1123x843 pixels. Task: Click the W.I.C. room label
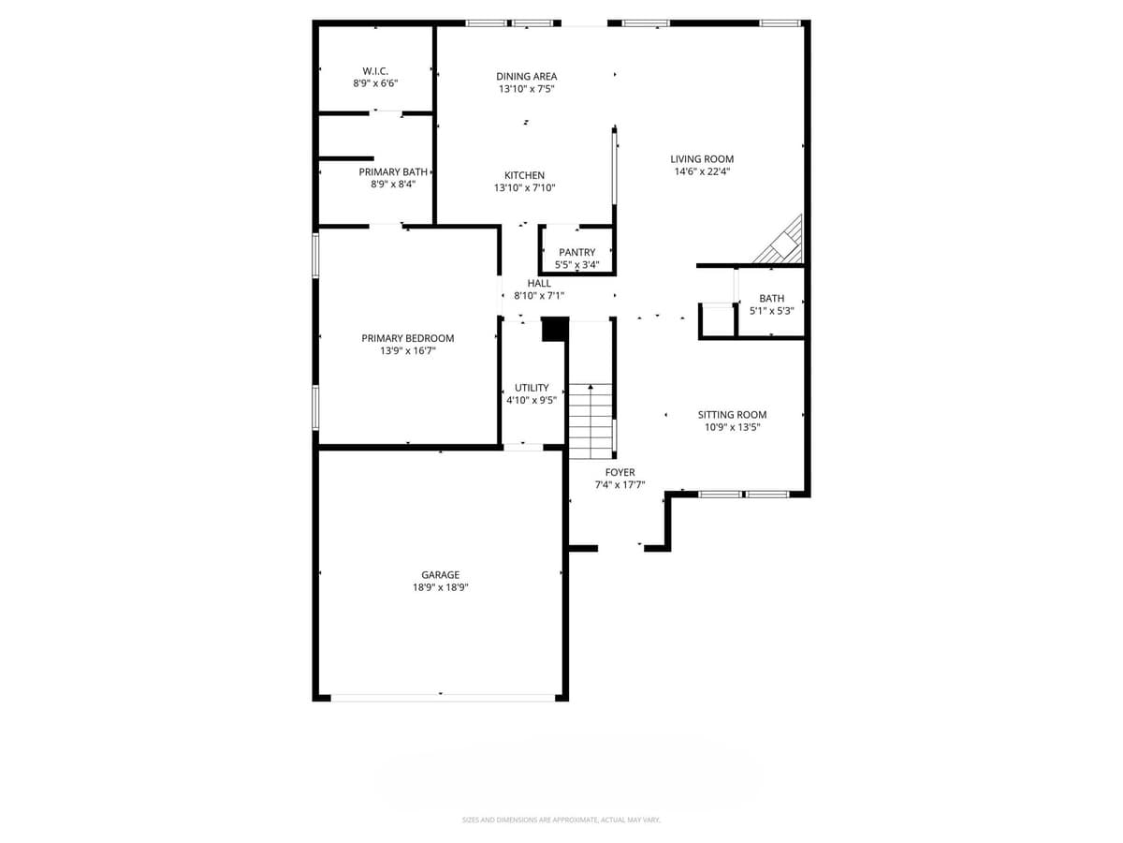point(375,71)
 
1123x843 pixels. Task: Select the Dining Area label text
point(526,77)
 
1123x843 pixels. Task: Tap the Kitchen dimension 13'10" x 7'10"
point(524,188)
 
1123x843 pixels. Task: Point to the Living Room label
point(702,159)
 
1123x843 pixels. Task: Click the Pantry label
point(576,253)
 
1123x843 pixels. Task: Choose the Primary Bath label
point(393,172)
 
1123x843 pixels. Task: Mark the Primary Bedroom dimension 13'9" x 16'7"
point(408,351)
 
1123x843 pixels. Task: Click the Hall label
point(539,283)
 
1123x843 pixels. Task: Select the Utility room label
point(532,388)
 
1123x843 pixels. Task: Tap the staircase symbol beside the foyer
point(591,421)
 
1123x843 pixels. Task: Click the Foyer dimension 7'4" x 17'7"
point(620,485)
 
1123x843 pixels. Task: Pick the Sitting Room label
point(732,415)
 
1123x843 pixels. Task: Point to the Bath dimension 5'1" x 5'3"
point(771,311)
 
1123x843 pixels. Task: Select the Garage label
point(440,575)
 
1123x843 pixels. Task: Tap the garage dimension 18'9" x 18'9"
point(440,588)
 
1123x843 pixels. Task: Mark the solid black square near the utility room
point(554,330)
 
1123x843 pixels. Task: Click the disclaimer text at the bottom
point(561,820)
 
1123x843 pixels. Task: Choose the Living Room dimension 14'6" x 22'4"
point(702,172)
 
